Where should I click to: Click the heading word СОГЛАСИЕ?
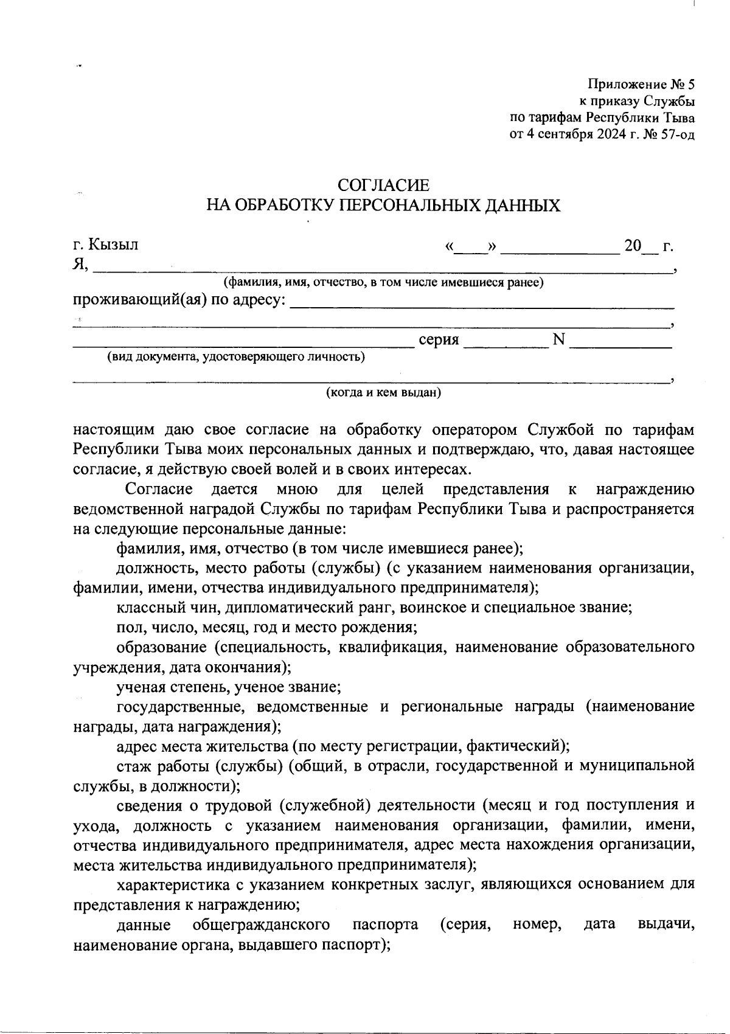coord(383,185)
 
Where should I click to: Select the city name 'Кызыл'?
coord(114,245)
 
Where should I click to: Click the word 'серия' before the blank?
coord(439,339)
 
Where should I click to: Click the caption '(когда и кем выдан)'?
coord(383,392)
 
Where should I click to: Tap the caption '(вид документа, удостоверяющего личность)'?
coord(236,357)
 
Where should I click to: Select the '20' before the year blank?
coord(633,246)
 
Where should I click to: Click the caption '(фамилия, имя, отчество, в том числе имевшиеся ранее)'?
coord(383,282)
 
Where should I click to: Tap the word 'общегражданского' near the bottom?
coord(261,925)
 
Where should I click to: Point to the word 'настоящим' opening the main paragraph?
coord(113,430)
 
